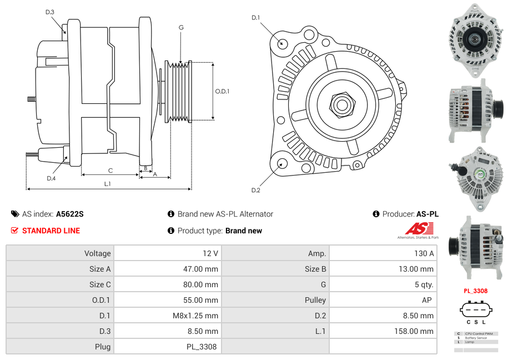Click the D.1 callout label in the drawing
tap(255, 18)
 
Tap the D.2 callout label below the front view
tap(255, 191)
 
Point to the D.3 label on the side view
tap(50, 12)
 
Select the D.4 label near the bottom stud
tap(51, 178)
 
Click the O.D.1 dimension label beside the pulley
tap(222, 91)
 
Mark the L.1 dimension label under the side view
tap(108, 183)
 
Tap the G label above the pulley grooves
tap(181, 28)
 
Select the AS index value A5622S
tap(69, 214)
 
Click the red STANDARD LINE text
tap(51, 231)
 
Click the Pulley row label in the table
tap(315, 300)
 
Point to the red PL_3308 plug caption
tap(475, 291)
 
